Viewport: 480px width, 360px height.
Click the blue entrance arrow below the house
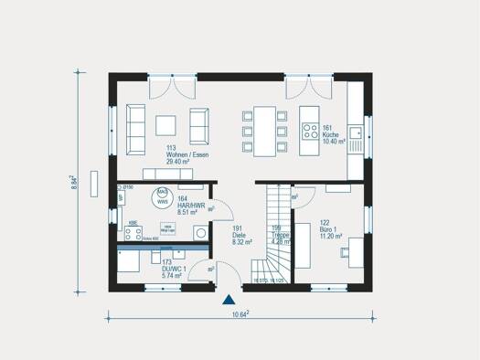(x=228, y=297)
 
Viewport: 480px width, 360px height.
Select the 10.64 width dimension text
(x=240, y=314)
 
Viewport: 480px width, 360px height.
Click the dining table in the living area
(x=265, y=125)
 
